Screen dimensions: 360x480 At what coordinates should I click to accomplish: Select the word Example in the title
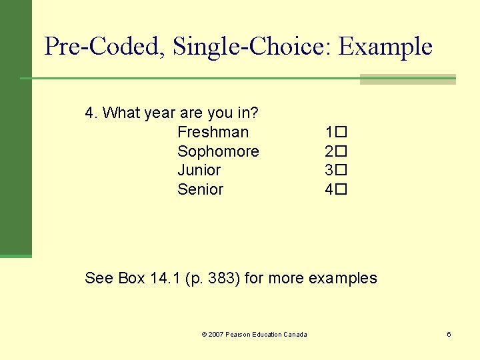[385, 47]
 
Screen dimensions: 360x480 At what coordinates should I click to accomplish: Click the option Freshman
[213, 132]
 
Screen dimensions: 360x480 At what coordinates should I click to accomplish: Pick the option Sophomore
[218, 151]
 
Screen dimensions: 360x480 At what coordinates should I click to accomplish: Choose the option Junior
[199, 170]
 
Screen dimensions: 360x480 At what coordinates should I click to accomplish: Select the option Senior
[200, 189]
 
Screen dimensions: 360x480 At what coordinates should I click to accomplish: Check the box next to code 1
[341, 133]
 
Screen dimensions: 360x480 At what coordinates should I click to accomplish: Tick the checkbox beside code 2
[341, 151]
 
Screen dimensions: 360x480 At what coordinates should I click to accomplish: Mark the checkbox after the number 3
[341, 171]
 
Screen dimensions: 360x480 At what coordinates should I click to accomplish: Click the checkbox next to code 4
[341, 189]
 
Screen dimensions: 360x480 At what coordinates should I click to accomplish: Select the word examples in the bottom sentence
[343, 278]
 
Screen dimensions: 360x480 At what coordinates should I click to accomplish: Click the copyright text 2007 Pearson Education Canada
[257, 334]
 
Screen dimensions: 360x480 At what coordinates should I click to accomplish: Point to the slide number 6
[449, 334]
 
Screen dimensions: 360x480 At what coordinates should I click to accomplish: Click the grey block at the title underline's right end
[407, 79]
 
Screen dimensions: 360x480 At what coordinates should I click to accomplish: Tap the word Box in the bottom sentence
[131, 278]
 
